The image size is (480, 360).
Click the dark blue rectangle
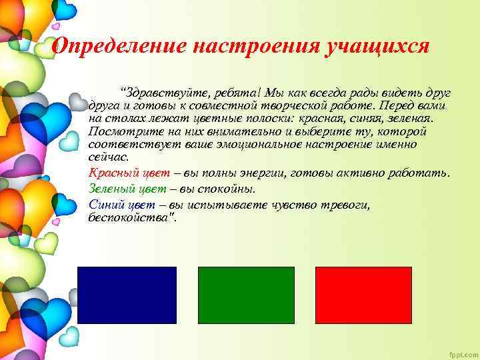point(127,295)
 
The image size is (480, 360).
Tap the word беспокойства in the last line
point(131,217)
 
